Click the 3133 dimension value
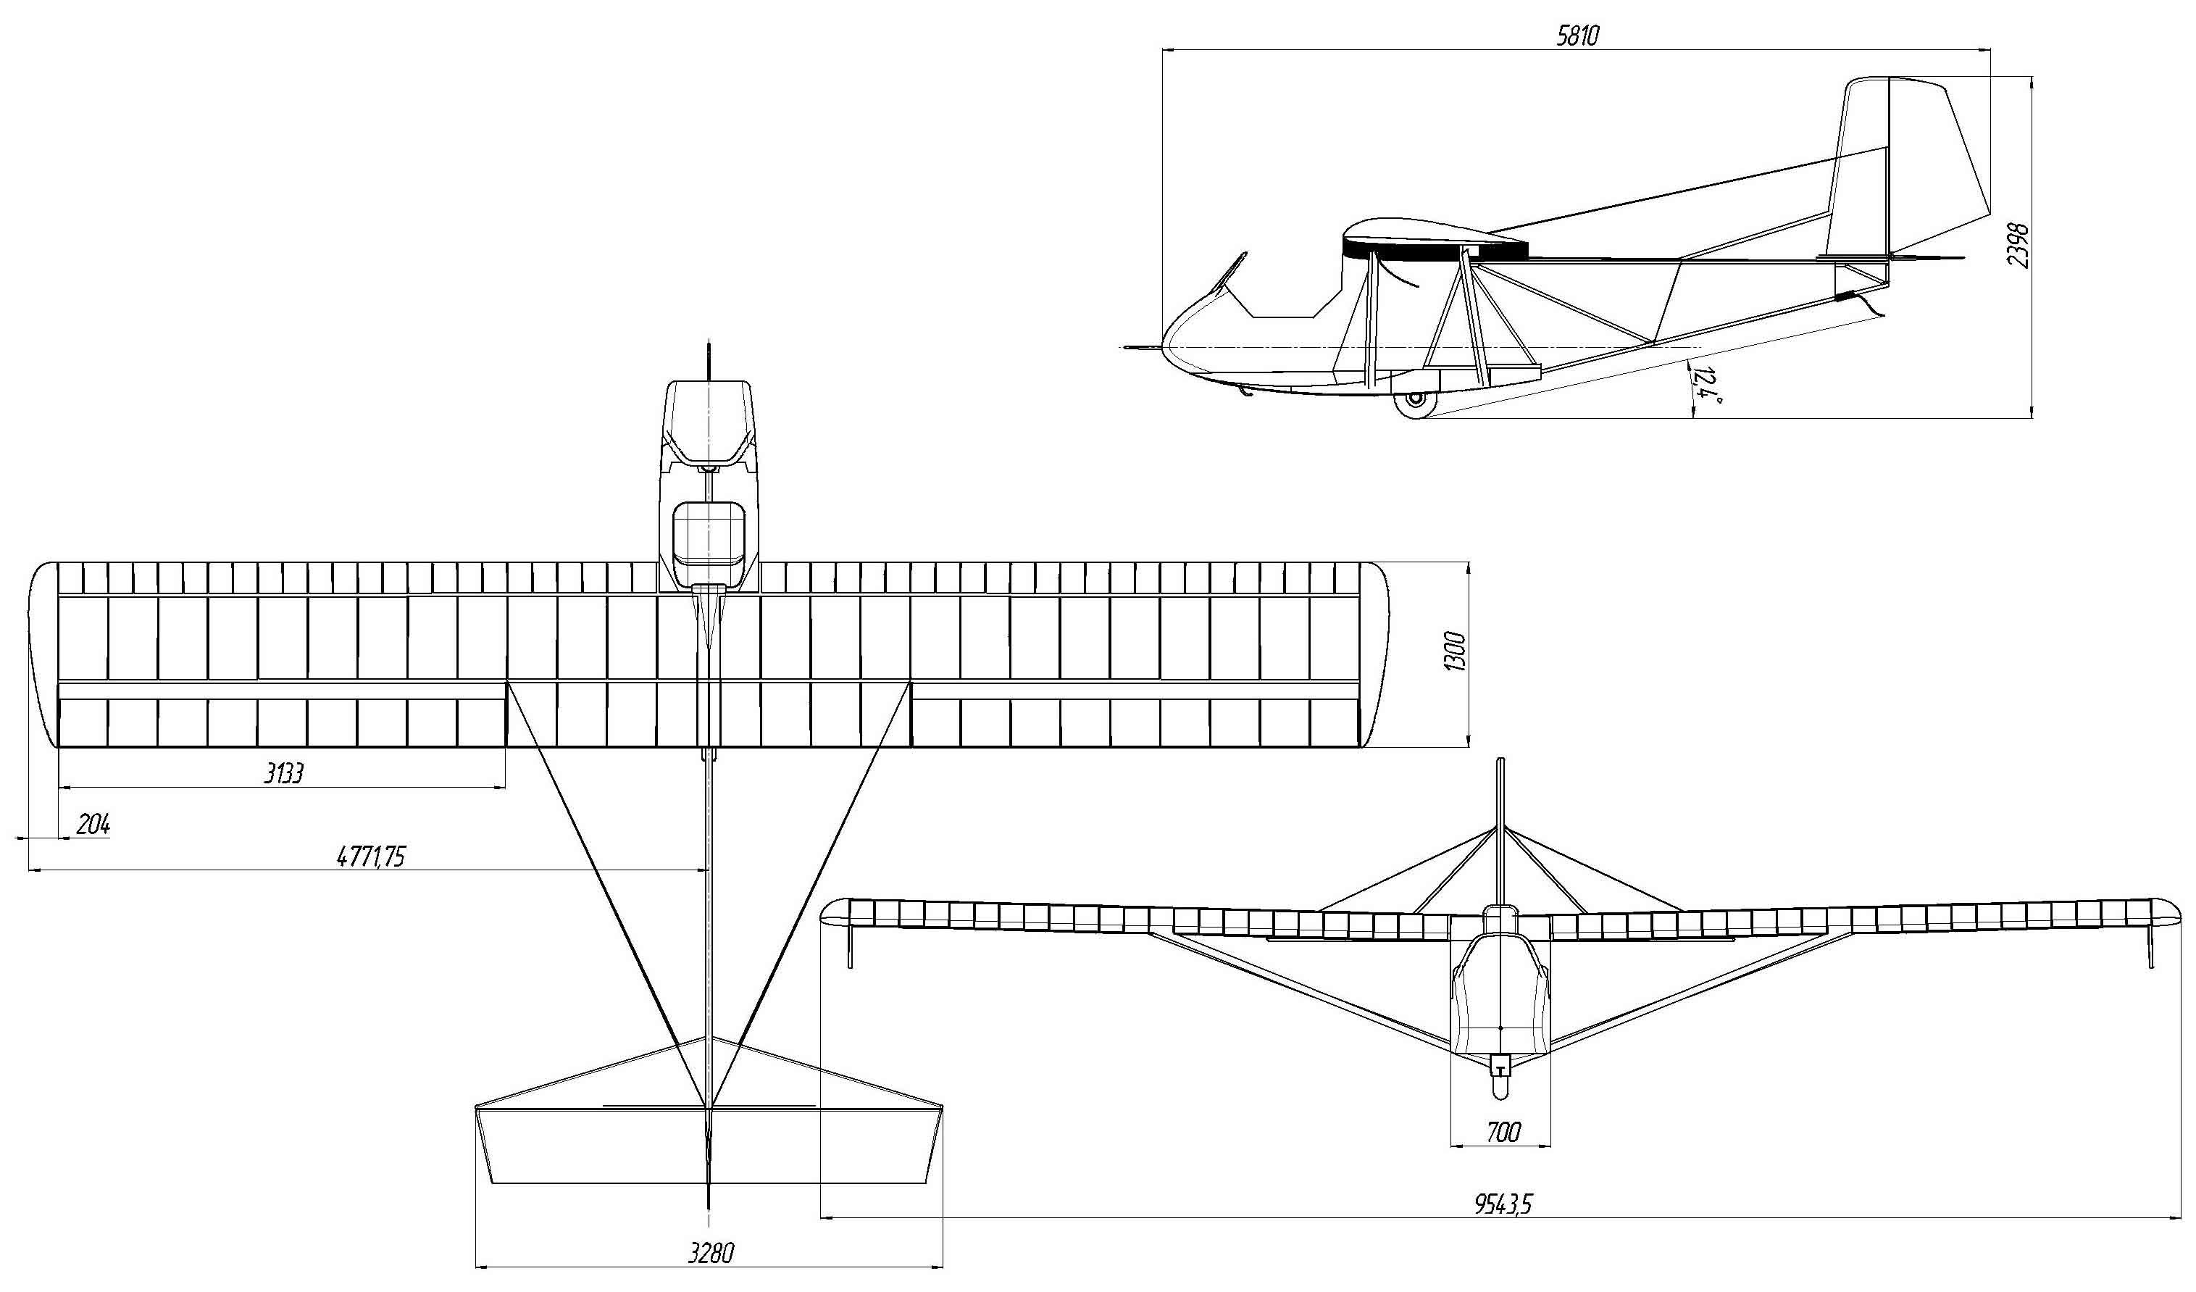tap(284, 773)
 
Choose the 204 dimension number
tap(93, 824)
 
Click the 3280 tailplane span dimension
tap(711, 1254)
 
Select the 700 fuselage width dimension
tap(1503, 1133)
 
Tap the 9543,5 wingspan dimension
tap(1503, 1205)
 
